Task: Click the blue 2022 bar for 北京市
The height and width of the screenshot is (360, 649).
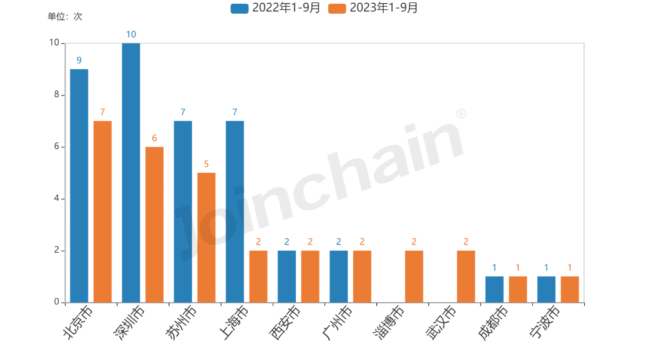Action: coord(79,185)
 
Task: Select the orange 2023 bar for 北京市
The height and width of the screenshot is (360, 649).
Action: coord(102,212)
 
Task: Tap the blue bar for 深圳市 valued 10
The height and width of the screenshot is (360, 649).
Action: coord(131,173)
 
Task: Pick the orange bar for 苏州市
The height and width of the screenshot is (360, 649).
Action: coord(207,237)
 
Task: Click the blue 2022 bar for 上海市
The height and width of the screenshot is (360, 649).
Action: coord(235,212)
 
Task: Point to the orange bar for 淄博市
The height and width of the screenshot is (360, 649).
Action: coord(414,276)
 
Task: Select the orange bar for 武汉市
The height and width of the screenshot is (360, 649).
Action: coord(466,276)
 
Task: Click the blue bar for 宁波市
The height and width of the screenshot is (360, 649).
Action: coord(546,289)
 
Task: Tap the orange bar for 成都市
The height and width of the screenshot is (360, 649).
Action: coord(518,289)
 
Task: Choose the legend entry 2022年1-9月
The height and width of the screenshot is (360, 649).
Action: coord(276,8)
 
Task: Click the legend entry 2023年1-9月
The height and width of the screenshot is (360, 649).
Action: coord(373,8)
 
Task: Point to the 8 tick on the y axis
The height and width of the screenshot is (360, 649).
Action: coord(56,95)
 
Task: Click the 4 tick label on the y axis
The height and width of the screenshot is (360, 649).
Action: coord(56,198)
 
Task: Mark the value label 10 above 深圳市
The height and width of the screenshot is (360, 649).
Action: coord(131,34)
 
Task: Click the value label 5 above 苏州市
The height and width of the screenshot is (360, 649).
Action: coord(207,164)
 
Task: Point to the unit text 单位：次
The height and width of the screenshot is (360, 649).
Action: coord(64,17)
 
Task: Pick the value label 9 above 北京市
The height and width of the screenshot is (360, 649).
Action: coord(79,61)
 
